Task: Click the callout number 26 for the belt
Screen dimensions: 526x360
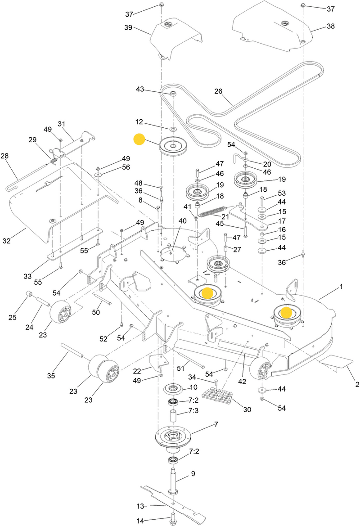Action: point(218,91)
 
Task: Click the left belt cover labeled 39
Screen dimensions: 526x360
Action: point(175,40)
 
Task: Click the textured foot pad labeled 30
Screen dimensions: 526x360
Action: point(218,396)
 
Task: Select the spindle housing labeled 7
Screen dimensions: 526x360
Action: point(173,437)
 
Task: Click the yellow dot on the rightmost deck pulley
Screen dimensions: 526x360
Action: point(286,311)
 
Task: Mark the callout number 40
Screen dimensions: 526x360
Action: point(182,221)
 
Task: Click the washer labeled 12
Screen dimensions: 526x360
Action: point(173,129)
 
